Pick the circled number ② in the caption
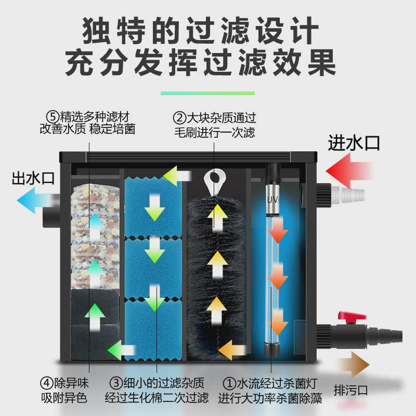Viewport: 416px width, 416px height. point(180,118)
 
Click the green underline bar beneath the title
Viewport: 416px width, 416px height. point(207,93)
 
